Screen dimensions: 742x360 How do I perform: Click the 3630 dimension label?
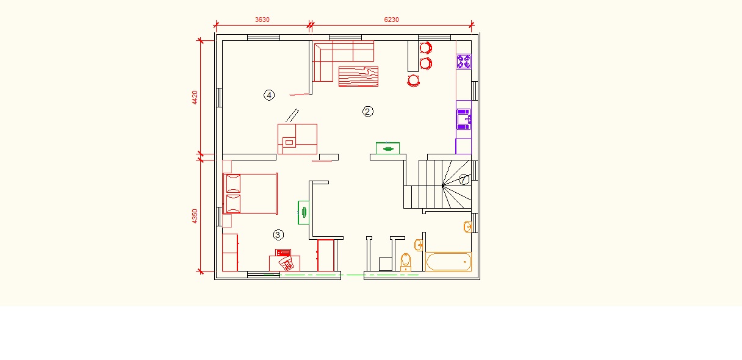[262, 20]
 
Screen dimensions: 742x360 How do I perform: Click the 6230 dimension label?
[391, 20]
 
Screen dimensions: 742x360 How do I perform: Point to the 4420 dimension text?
[195, 98]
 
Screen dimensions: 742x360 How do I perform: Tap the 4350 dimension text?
[195, 216]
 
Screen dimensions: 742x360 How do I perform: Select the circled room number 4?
[269, 95]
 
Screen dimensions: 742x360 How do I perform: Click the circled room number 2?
[368, 112]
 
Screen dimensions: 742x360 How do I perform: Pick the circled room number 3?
[278, 235]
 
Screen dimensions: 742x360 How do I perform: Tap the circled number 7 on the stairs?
[463, 179]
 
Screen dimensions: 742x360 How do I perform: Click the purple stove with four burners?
[464, 62]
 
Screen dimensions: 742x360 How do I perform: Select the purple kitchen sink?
[464, 119]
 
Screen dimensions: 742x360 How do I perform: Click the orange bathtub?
[448, 262]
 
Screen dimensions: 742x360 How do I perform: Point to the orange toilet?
[405, 262]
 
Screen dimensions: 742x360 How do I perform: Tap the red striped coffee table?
[358, 76]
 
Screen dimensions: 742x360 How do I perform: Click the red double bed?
[250, 194]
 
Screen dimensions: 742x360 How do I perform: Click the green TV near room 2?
[387, 148]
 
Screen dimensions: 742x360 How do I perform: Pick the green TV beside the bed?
[303, 212]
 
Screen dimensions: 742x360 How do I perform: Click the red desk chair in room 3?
[286, 264]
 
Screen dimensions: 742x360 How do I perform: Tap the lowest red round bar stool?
[413, 81]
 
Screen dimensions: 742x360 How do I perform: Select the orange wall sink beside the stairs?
[468, 227]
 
